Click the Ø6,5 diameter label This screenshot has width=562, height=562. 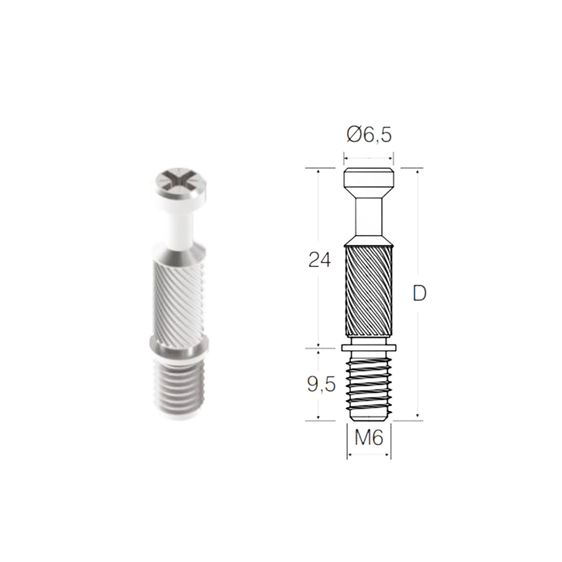[369, 135]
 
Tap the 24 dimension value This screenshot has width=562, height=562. [320, 259]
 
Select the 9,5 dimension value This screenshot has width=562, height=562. [321, 385]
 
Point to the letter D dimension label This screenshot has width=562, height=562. [420, 293]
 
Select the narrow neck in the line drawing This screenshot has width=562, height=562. [369, 217]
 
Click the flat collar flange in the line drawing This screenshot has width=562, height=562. [369, 348]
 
